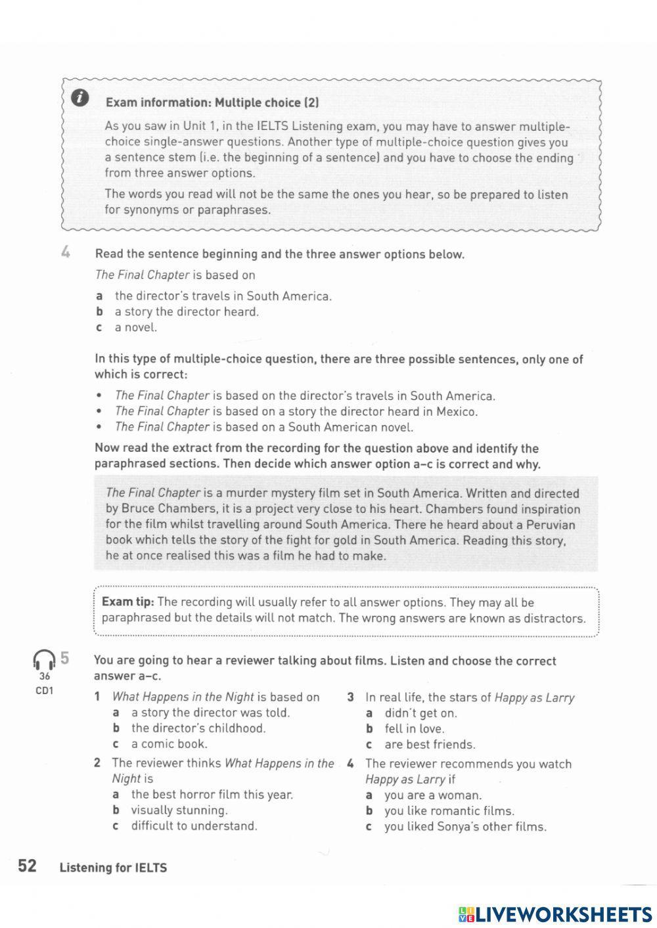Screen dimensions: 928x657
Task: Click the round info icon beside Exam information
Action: click(79, 99)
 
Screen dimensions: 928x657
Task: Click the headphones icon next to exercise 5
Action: click(44, 659)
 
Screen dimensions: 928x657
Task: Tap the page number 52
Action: click(27, 866)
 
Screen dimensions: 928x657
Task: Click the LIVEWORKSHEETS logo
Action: click(555, 914)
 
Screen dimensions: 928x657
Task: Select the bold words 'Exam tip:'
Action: click(127, 602)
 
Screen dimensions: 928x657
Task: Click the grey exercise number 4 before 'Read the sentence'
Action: click(65, 253)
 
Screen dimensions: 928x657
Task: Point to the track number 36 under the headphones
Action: click(44, 676)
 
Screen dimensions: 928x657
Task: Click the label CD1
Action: click(44, 691)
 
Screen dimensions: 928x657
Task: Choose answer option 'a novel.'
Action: click(136, 328)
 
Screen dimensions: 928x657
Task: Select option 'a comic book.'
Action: click(169, 744)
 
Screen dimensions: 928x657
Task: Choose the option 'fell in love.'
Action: click(414, 729)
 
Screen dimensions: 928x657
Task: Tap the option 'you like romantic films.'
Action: click(449, 811)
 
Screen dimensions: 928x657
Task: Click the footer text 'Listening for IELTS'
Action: click(113, 868)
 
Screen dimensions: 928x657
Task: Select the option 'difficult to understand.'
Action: click(194, 826)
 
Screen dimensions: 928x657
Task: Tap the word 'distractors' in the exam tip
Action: click(556, 618)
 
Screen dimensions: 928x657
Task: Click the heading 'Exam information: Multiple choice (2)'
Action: click(212, 102)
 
